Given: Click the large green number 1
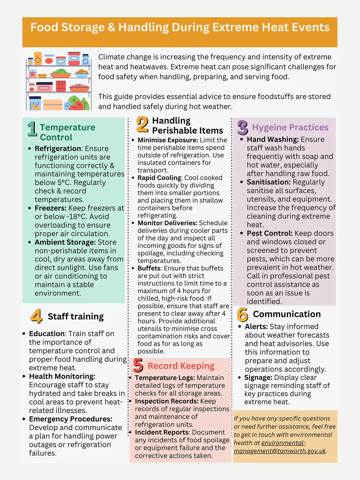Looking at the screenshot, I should coord(32,129).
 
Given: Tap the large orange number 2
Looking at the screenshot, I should coord(142,125).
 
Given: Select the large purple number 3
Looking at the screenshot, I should coord(243,128).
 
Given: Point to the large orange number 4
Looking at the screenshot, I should coord(36,316).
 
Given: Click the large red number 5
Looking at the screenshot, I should coord(138,365).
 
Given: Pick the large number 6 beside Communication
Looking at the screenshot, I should coord(243,315).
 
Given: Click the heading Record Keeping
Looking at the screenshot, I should coord(181,366).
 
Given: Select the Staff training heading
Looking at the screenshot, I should coord(76,317).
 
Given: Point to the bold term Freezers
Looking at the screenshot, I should coord(50,208).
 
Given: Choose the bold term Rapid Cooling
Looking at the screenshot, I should coord(159,178).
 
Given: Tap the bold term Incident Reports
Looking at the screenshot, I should coord(162,432).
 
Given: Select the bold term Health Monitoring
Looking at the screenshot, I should coord(62,376).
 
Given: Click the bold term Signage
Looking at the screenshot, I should coord(258,378).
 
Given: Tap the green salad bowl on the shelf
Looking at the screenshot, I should coord(61,73).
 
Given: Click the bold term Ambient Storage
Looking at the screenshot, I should coord(65,242).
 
